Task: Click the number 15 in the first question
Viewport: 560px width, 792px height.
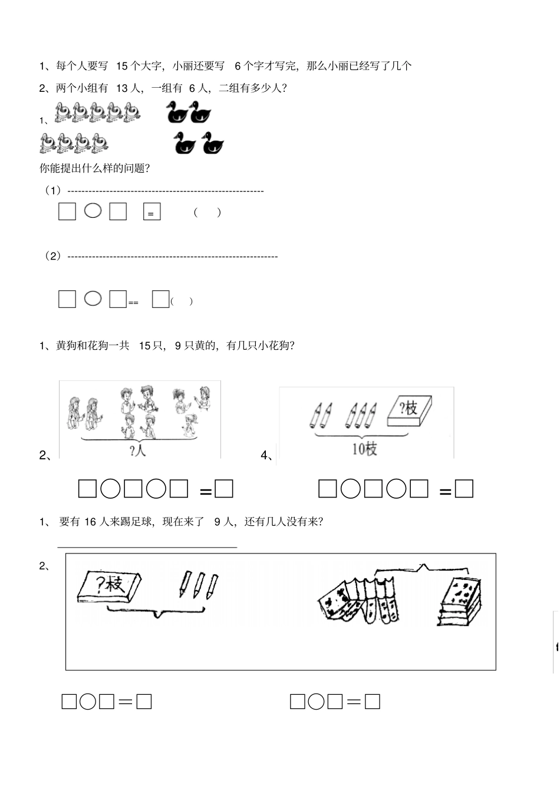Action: point(122,66)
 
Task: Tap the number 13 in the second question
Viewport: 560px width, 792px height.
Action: point(122,88)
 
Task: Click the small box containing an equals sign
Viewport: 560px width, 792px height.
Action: point(152,211)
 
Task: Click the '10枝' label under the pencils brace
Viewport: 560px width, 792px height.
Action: point(364,449)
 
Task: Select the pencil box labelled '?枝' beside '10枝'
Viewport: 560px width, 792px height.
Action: point(410,410)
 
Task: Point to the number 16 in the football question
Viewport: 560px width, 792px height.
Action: point(90,522)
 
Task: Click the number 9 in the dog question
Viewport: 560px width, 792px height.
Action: point(178,346)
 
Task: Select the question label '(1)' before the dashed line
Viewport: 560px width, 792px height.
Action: point(53,191)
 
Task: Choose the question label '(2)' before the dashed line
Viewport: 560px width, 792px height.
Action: point(53,256)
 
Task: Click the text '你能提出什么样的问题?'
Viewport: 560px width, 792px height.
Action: point(95,168)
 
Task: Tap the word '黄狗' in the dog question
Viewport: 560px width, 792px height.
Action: point(66,346)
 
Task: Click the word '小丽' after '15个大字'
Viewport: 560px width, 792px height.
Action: point(183,66)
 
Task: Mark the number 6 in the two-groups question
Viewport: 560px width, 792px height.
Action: point(192,88)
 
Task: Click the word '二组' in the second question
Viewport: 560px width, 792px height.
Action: point(229,88)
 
